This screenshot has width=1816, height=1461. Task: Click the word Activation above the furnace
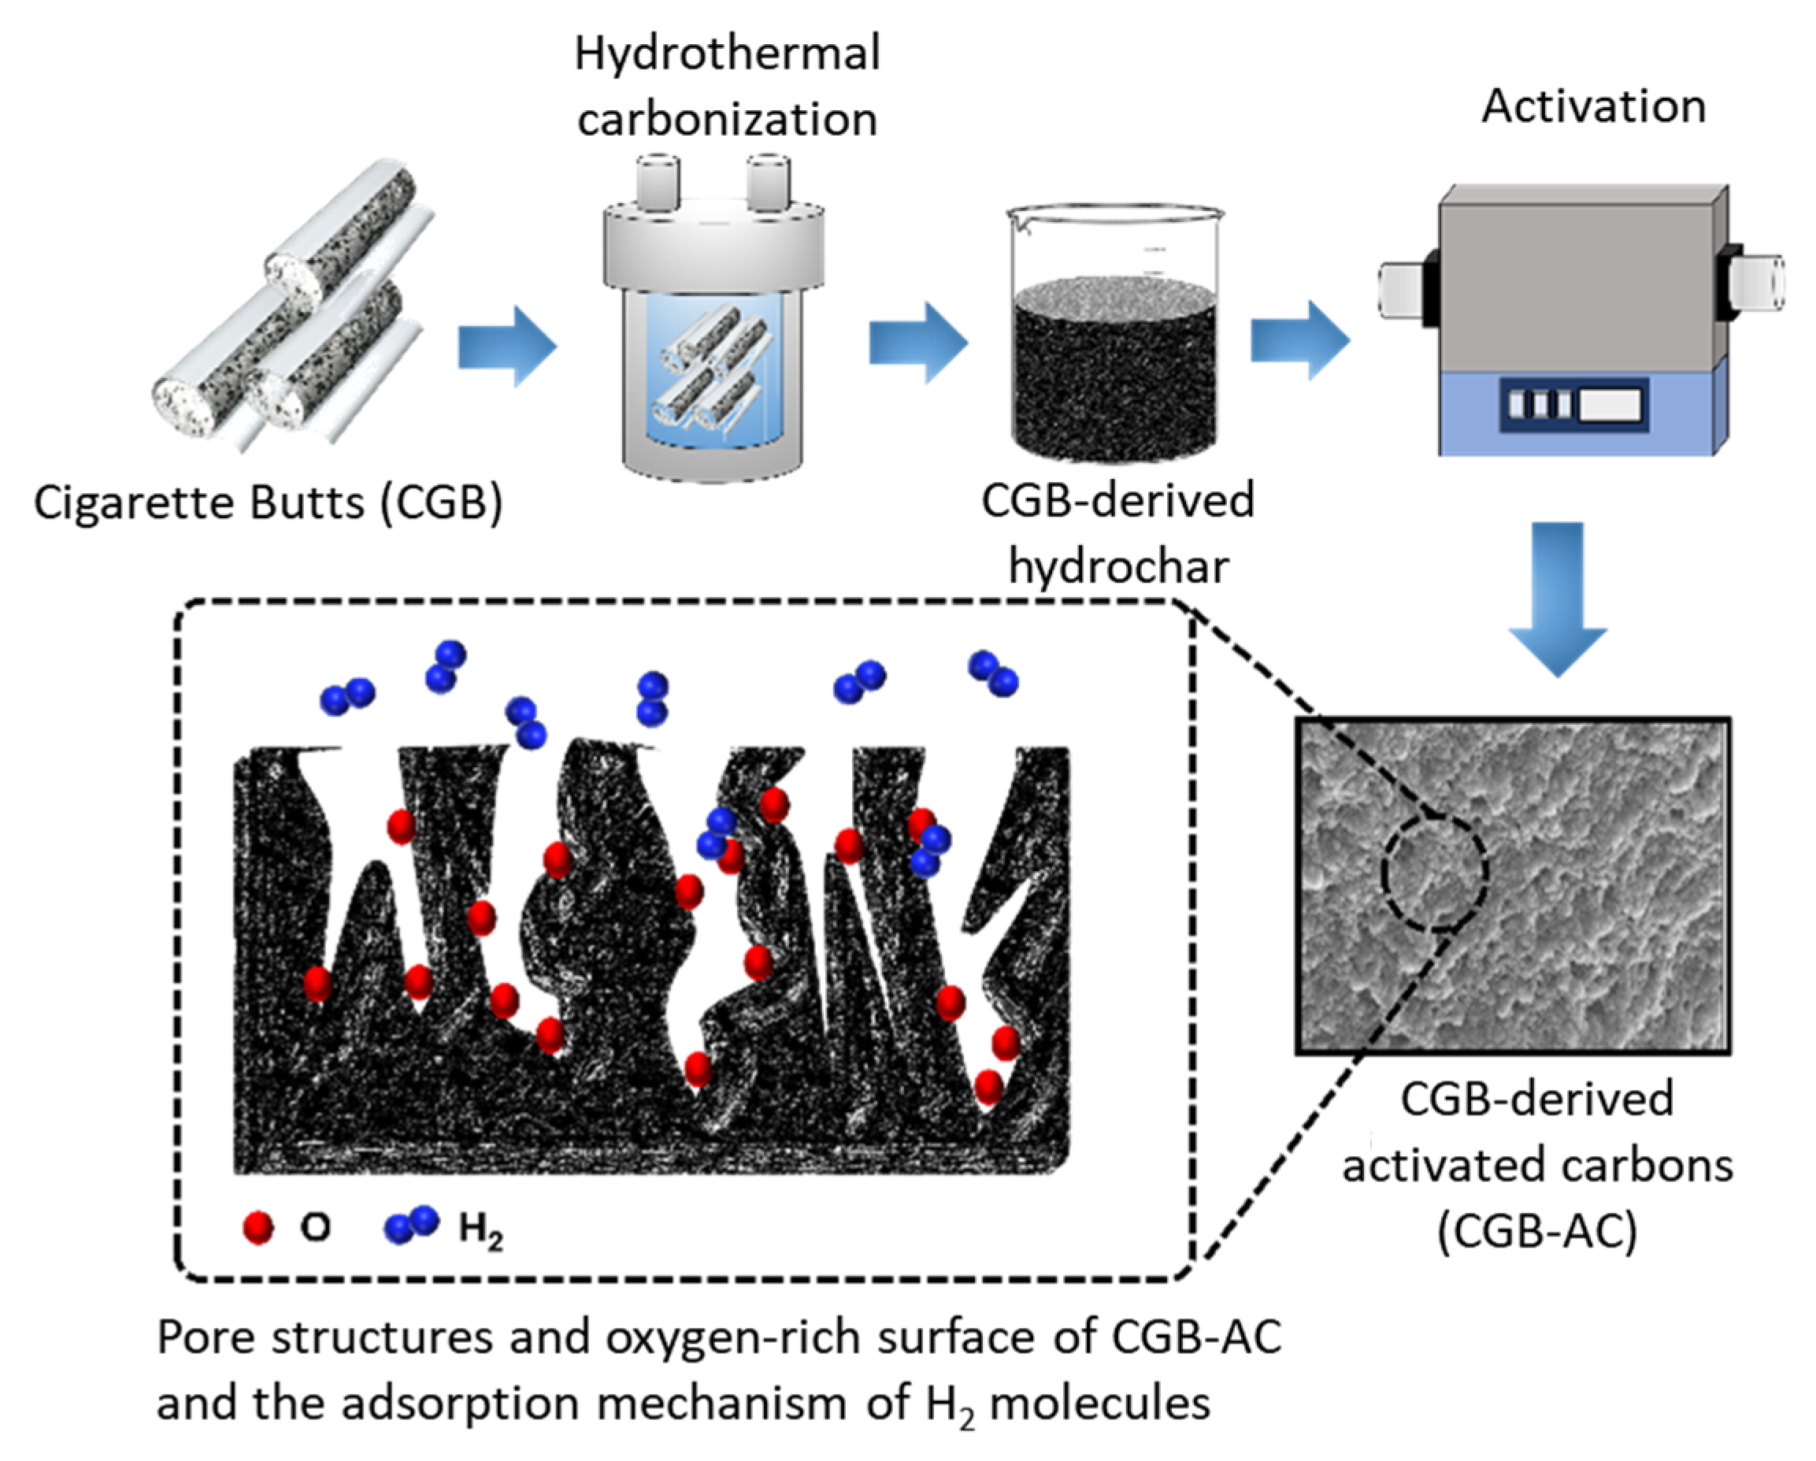[1594, 107]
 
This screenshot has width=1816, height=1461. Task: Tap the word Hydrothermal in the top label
[727, 53]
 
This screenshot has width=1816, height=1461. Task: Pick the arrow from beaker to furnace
[1299, 341]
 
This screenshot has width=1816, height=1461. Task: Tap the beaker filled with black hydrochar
[1114, 354]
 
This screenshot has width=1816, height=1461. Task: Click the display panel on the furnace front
[1573, 406]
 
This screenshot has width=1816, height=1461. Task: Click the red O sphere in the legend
[258, 1228]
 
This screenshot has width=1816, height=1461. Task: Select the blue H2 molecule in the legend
[411, 1225]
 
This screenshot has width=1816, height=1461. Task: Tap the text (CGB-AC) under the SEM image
[1537, 1231]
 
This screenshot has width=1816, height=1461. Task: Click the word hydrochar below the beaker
[1118, 566]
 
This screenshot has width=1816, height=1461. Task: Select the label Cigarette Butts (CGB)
[268, 503]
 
